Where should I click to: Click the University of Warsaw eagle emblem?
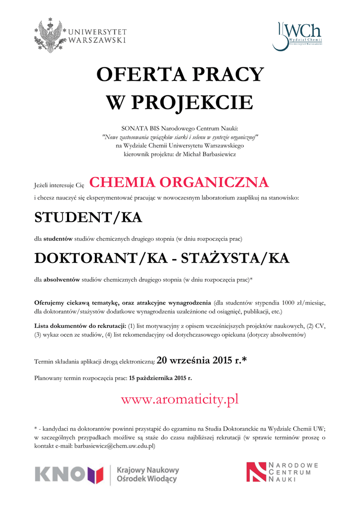click(50, 35)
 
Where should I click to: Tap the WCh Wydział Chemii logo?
click(297, 35)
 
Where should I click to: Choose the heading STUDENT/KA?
click(88, 217)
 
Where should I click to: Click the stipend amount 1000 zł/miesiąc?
click(298, 303)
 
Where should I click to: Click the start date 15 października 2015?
click(160, 378)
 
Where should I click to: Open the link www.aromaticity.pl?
click(180, 399)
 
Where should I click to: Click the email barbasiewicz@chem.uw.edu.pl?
click(115, 446)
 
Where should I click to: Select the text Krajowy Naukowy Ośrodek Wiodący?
click(147, 474)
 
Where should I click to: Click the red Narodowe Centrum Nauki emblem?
click(256, 472)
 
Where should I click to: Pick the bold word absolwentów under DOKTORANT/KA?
click(62, 280)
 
